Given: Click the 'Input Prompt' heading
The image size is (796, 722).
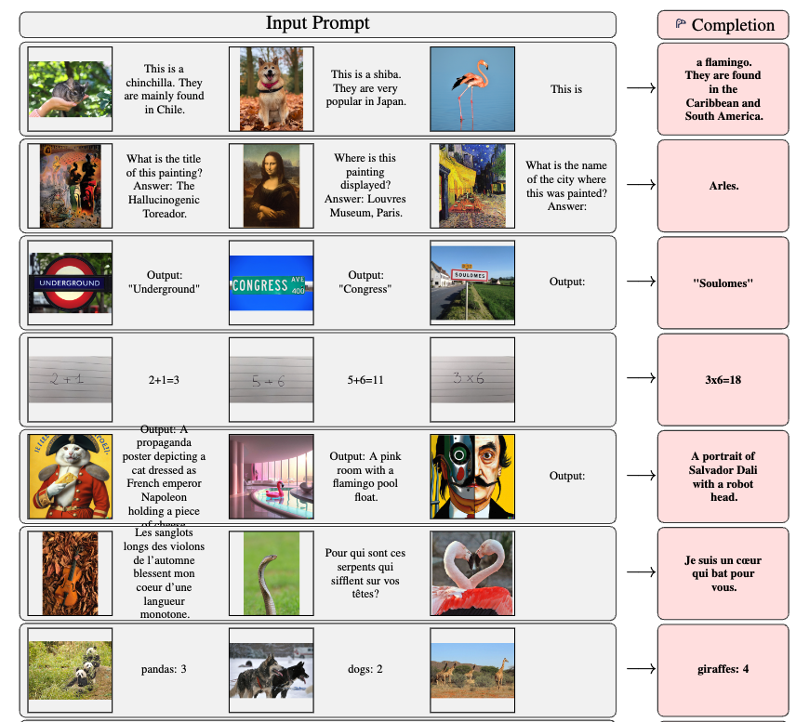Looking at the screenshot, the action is pyautogui.click(x=317, y=23).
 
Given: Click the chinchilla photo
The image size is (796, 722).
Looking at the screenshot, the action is pyautogui.click(x=70, y=89).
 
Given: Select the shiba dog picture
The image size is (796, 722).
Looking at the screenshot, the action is pyautogui.click(x=272, y=89).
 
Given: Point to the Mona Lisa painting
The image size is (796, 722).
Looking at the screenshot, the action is pyautogui.click(x=272, y=186).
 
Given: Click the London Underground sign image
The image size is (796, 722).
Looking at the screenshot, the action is pyautogui.click(x=70, y=282).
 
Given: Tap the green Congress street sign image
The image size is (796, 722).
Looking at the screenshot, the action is pyautogui.click(x=272, y=283).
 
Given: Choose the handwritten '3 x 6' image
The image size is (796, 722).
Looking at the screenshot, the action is pyautogui.click(x=472, y=379).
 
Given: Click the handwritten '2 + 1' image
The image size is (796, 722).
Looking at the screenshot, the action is pyautogui.click(x=70, y=379).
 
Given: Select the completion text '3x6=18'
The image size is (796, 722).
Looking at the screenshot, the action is pyautogui.click(x=723, y=380).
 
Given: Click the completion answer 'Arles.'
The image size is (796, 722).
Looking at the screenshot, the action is pyautogui.click(x=723, y=186).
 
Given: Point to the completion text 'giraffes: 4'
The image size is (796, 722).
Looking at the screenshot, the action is pyautogui.click(x=723, y=669).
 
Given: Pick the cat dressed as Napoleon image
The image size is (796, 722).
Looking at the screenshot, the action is pyautogui.click(x=70, y=476).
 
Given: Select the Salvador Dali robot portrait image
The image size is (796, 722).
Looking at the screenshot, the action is pyautogui.click(x=472, y=476).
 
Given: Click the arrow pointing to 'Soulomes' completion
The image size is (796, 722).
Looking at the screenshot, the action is pyautogui.click(x=641, y=282).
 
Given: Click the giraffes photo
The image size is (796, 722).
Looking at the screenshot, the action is pyautogui.click(x=472, y=669).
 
